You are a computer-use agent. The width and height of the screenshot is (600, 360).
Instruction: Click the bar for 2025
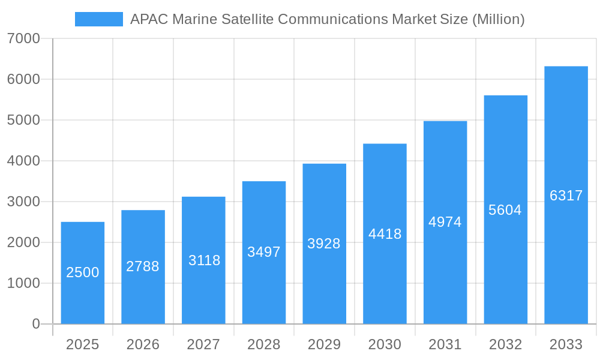(x=83, y=273)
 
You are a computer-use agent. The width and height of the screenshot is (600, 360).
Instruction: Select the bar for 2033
(x=566, y=195)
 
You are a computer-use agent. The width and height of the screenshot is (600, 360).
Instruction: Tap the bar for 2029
(x=325, y=244)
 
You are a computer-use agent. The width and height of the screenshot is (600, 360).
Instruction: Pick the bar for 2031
(x=445, y=223)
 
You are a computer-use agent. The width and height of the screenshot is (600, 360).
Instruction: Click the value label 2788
(x=143, y=266)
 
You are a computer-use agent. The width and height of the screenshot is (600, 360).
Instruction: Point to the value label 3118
(x=204, y=260)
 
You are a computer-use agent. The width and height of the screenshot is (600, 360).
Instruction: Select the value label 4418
(x=385, y=234)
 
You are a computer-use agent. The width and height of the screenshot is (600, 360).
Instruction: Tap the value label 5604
(x=505, y=210)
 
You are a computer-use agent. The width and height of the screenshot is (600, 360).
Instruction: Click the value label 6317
(x=566, y=196)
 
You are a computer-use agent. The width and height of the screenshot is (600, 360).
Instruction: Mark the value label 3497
(x=264, y=252)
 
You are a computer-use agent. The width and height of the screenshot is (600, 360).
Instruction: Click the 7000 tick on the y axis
(x=23, y=39)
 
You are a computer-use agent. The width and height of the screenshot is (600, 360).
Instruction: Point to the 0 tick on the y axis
(x=35, y=324)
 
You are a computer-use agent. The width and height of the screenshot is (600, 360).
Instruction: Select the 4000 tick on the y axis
(x=23, y=161)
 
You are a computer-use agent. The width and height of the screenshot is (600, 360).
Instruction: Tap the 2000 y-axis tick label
(x=23, y=242)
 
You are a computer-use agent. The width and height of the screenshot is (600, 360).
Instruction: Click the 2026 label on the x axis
(x=143, y=344)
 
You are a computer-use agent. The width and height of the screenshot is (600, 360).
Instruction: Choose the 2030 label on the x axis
(x=385, y=344)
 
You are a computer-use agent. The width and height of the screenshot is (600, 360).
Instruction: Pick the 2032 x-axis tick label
(x=505, y=344)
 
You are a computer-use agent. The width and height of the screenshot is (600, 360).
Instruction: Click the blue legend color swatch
(x=98, y=19)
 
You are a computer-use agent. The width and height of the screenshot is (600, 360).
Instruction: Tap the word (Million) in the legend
(x=498, y=19)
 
